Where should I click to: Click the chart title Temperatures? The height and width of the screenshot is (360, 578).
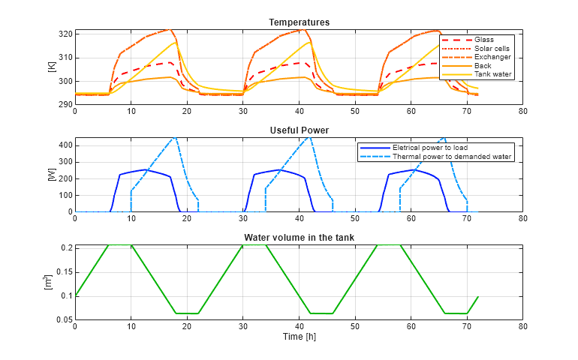299,22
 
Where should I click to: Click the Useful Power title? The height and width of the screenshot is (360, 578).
299,130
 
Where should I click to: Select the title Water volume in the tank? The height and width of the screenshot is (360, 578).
299,238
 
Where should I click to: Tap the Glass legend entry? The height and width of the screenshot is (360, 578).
484,39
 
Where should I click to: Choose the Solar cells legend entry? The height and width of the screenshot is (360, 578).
492,48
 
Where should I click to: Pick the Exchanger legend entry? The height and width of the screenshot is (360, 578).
492,57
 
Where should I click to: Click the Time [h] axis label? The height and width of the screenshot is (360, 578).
299,337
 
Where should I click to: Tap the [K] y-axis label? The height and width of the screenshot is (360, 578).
52,67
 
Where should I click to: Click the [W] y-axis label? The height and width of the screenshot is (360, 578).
52,175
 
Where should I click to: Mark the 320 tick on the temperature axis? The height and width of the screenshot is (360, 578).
64,34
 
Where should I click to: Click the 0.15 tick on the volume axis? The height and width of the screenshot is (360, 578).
62,271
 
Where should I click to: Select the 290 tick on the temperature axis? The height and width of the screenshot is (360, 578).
64,105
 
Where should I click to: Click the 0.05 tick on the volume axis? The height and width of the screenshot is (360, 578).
62,320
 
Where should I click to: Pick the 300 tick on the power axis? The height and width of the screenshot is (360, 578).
64,162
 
